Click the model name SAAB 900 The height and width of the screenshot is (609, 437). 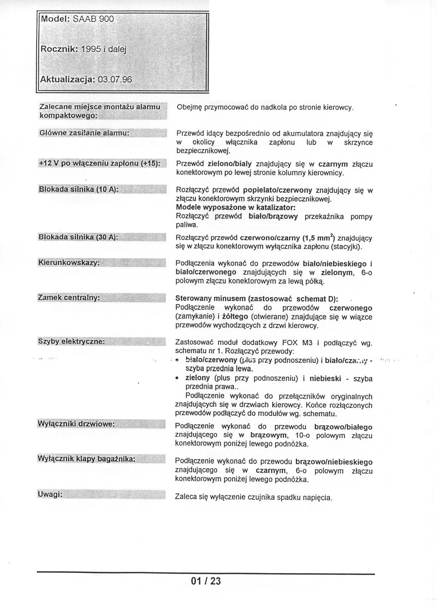point(93,19)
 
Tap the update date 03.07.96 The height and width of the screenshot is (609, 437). point(115,79)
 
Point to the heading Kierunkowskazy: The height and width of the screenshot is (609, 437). point(68,263)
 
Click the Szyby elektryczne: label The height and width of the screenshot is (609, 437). point(71,341)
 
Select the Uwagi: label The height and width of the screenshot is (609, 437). point(50,495)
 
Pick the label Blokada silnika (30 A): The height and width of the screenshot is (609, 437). point(78,237)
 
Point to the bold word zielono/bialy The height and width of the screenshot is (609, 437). point(230,164)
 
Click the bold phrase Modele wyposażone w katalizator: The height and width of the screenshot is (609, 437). point(236,208)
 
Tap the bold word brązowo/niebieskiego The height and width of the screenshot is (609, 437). point(334,462)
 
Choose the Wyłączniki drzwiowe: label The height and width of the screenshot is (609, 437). point(76,424)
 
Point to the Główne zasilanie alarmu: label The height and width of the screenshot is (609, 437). point(83,133)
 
